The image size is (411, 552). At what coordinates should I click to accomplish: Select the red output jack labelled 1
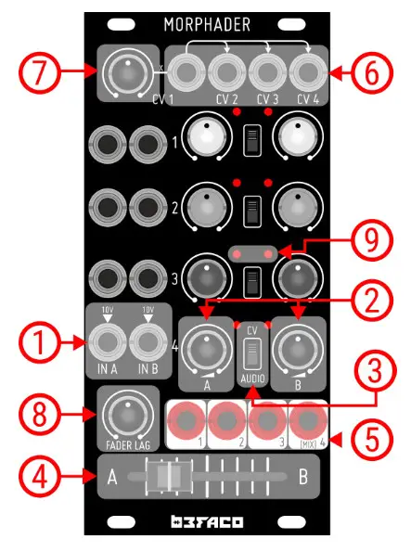pyautogui.click(x=186, y=421)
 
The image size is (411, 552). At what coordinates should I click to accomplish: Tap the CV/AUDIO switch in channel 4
pyautogui.click(x=248, y=353)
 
